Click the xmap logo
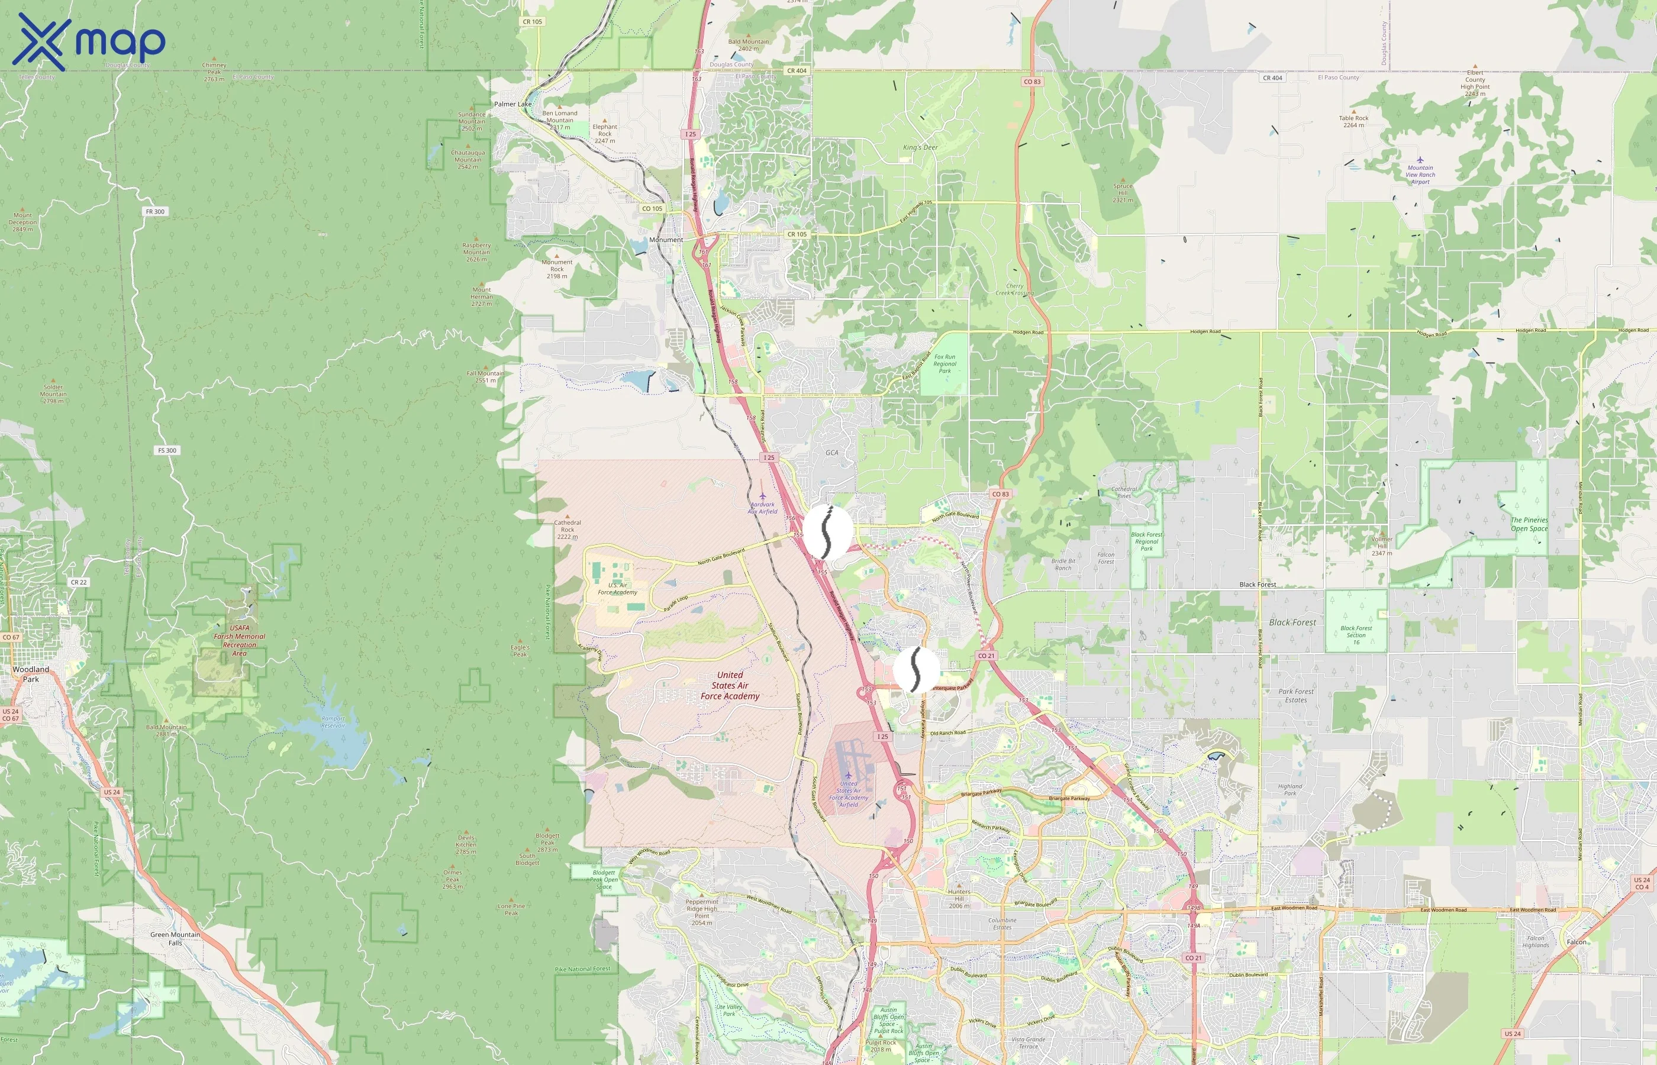coord(89,41)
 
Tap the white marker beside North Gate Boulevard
coord(827,531)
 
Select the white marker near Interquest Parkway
coord(916,669)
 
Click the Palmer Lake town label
coord(512,104)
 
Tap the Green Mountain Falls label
coord(175,938)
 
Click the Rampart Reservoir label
coord(333,722)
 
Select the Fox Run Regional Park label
coord(944,364)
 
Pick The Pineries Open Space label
coord(1529,524)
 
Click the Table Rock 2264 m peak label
coord(1353,121)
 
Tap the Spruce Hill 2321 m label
coord(1123,192)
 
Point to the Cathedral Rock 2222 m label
coord(567,529)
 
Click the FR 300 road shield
coord(155,212)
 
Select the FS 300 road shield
coord(167,450)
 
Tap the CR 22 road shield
coord(79,582)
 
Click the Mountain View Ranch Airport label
coord(1420,175)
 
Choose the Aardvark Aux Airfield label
coord(763,508)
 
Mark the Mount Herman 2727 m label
coord(481,296)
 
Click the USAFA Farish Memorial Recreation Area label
coord(239,640)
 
